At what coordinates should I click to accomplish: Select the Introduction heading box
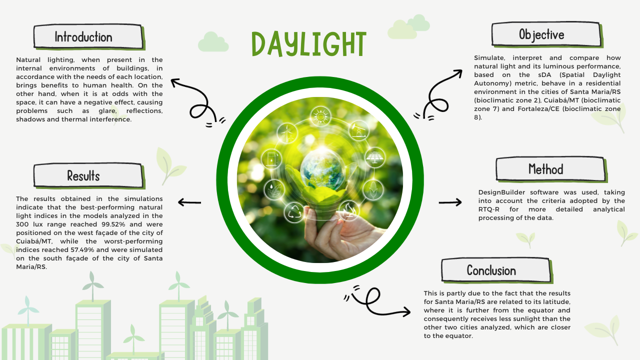click(88, 37)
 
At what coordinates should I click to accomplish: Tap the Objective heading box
click(547, 34)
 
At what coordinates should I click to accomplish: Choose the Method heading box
click(551, 169)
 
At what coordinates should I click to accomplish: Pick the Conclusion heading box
click(496, 270)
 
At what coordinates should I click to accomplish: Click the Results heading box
click(88, 175)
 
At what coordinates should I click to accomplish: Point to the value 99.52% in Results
click(113, 224)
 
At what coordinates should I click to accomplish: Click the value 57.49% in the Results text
click(82, 249)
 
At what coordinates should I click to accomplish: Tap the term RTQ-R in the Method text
click(489, 209)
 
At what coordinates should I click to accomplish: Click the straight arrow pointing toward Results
click(189, 202)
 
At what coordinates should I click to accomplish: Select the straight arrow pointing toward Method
click(450, 202)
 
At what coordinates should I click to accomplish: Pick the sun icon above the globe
click(320, 116)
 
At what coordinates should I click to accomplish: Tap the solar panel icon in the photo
click(375, 157)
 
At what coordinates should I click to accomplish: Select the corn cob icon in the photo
click(373, 189)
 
